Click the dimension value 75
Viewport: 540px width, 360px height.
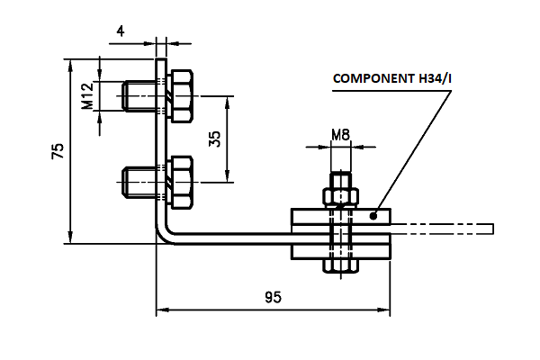pos(58,151)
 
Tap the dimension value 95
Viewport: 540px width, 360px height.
pos(273,297)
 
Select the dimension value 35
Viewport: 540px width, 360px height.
pos(215,139)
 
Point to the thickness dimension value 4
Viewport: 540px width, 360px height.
pos(121,31)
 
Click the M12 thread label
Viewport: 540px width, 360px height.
pos(87,95)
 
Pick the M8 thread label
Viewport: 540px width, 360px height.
pos(340,135)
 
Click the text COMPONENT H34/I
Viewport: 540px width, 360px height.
pos(392,78)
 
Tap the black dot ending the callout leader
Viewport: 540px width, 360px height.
pos(373,216)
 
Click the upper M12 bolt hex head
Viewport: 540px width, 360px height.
pos(182,96)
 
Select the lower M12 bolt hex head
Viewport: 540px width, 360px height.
pos(182,182)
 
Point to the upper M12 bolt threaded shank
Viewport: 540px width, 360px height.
pos(139,96)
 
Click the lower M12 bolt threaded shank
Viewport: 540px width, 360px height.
pos(139,182)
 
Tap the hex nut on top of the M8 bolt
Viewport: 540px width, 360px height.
pos(340,197)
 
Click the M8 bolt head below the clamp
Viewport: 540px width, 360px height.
pos(340,265)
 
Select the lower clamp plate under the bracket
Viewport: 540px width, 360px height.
pos(340,252)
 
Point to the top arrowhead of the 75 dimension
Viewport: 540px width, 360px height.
pos(70,65)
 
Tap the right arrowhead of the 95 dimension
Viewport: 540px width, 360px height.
pos(384,310)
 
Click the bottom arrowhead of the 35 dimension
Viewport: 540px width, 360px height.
pos(227,176)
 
